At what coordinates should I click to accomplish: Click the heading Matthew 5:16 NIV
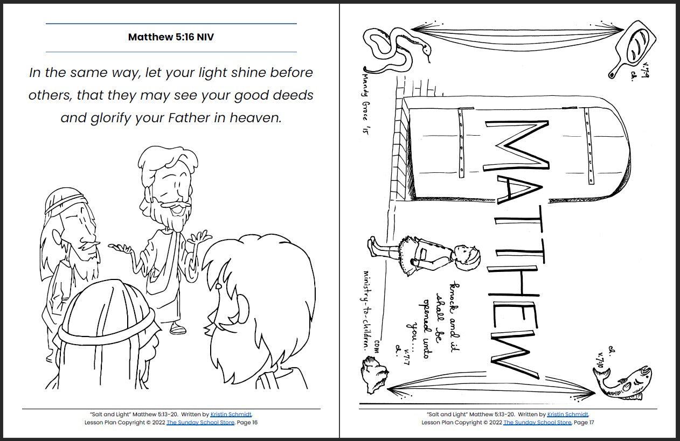[x=171, y=37]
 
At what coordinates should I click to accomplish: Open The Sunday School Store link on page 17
[x=537, y=423]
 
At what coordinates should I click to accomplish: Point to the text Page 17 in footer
[x=584, y=423]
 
